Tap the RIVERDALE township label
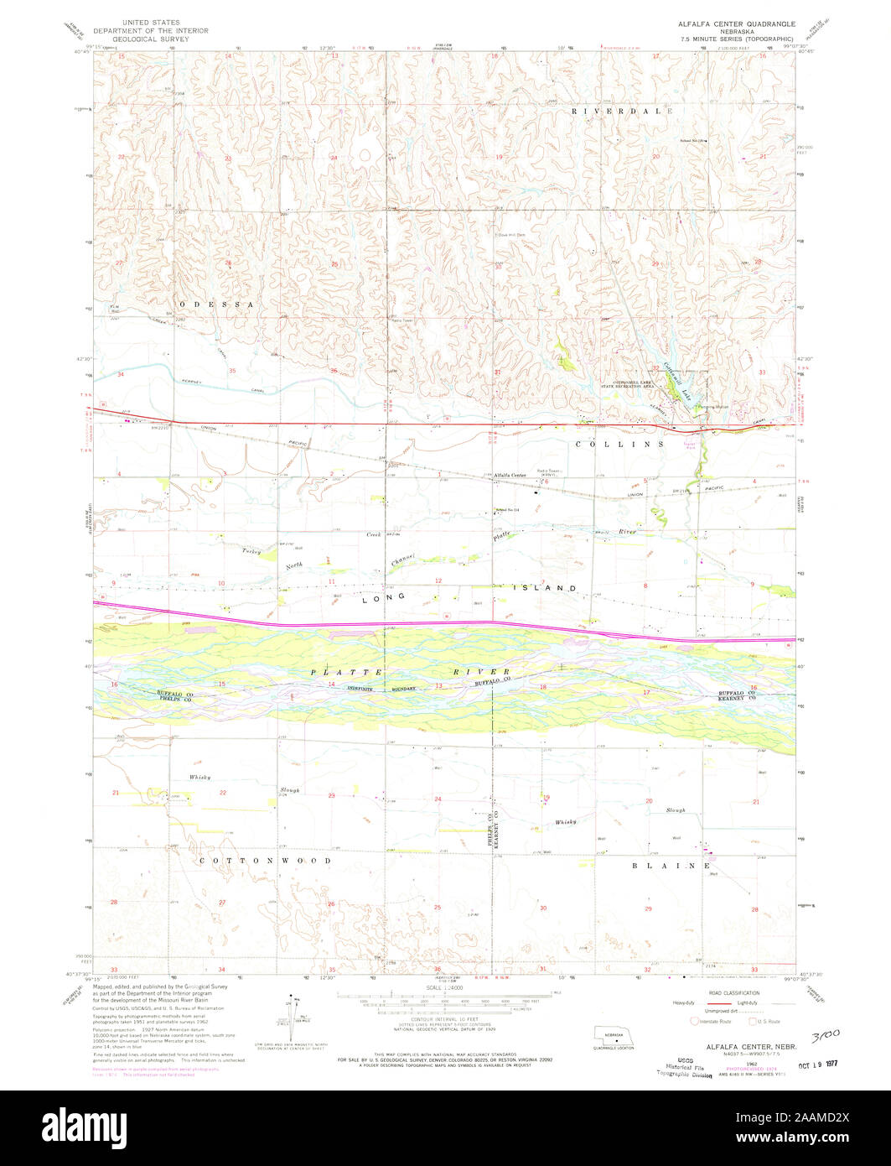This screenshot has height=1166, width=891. [623, 111]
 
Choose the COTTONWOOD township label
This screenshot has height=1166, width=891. [265, 861]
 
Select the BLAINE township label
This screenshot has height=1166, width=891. [671, 865]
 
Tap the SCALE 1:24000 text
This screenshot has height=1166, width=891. [444, 986]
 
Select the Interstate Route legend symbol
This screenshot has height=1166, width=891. [695, 1021]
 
